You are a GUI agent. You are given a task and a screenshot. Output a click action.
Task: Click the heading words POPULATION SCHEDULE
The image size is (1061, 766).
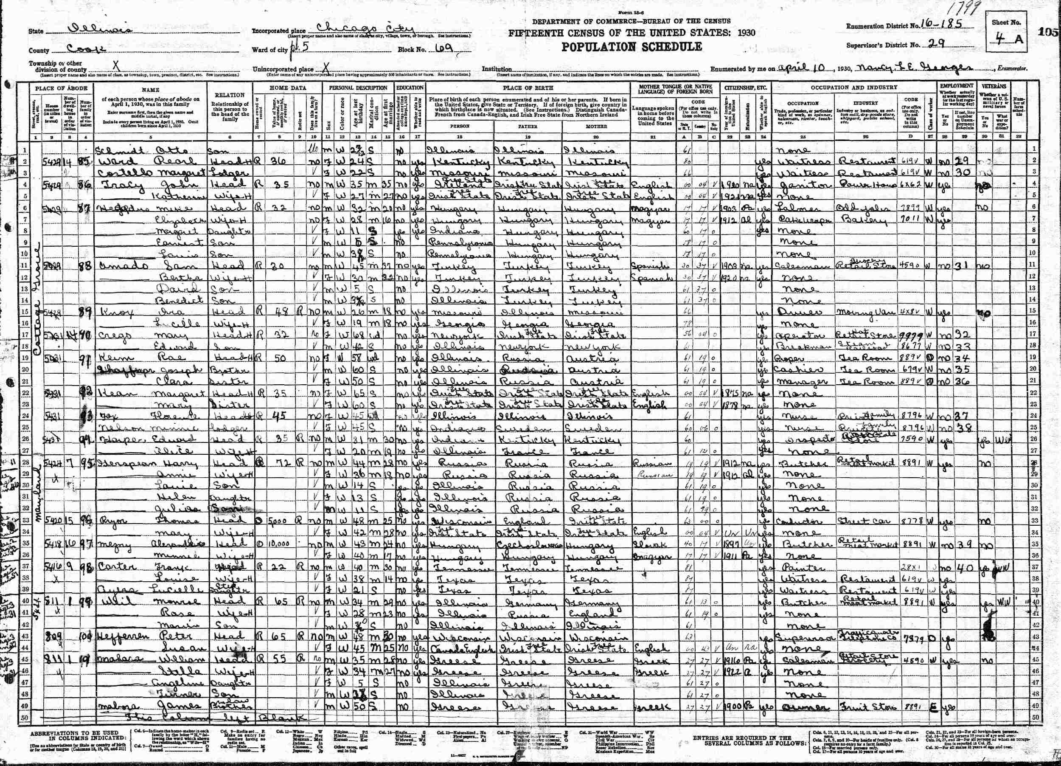click(x=631, y=47)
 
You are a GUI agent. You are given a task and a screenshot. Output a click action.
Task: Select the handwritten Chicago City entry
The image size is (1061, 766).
click(x=365, y=29)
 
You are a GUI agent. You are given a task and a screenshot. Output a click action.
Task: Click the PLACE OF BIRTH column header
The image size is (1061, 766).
click(x=528, y=88)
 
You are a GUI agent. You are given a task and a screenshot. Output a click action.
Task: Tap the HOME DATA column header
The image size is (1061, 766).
click(x=288, y=88)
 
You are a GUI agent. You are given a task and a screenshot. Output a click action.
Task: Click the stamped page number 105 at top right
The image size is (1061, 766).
click(x=1049, y=32)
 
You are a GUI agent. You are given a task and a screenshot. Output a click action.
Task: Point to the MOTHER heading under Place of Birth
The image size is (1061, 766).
click(x=596, y=127)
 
